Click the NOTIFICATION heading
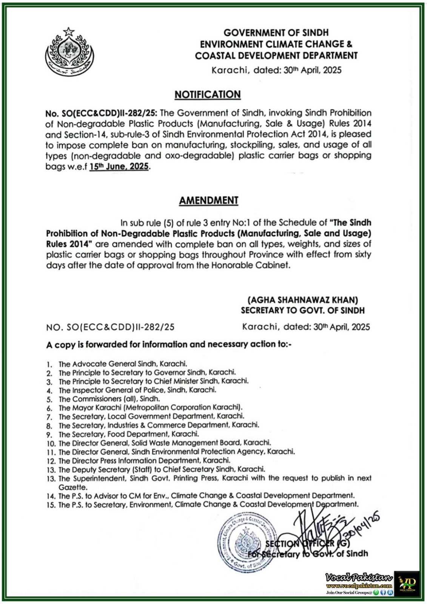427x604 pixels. point(207,94)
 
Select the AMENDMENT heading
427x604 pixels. point(208,200)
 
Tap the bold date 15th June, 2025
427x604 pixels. point(119,167)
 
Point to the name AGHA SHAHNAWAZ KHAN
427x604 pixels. point(303,300)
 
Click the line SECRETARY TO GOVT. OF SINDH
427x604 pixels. point(303,311)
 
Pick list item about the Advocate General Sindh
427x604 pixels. point(123,364)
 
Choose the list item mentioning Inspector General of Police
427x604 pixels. point(137,390)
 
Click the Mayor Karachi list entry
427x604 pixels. point(150,408)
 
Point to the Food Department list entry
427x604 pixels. point(128,434)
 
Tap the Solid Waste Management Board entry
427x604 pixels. point(164,443)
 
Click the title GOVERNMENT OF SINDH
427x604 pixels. point(276,32)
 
